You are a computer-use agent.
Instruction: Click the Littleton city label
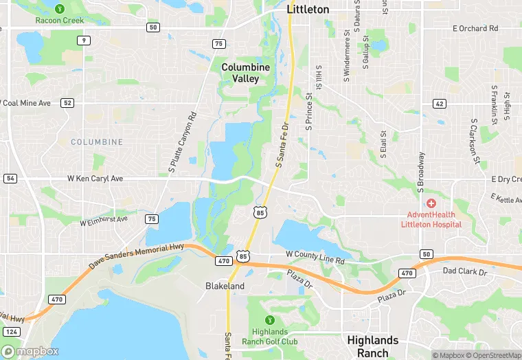pyautogui.click(x=307, y=10)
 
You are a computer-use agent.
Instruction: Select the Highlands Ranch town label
pyautogui.click(x=372, y=346)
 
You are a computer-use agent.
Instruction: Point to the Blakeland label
pyautogui.click(x=225, y=286)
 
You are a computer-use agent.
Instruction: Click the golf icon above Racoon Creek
pyautogui.click(x=60, y=9)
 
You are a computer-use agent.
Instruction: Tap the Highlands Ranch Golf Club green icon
pyautogui.click(x=269, y=320)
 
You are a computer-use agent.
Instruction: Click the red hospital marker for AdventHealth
pyautogui.click(x=431, y=203)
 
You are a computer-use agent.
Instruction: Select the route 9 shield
pyautogui.click(x=83, y=41)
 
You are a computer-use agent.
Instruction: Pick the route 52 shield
pyautogui.click(x=67, y=103)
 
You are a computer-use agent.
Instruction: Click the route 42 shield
pyautogui.click(x=439, y=103)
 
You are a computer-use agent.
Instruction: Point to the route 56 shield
pyautogui.click(x=10, y=179)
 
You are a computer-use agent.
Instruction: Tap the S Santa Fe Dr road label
pyautogui.click(x=282, y=145)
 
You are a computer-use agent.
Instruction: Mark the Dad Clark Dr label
pyautogui.click(x=464, y=272)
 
